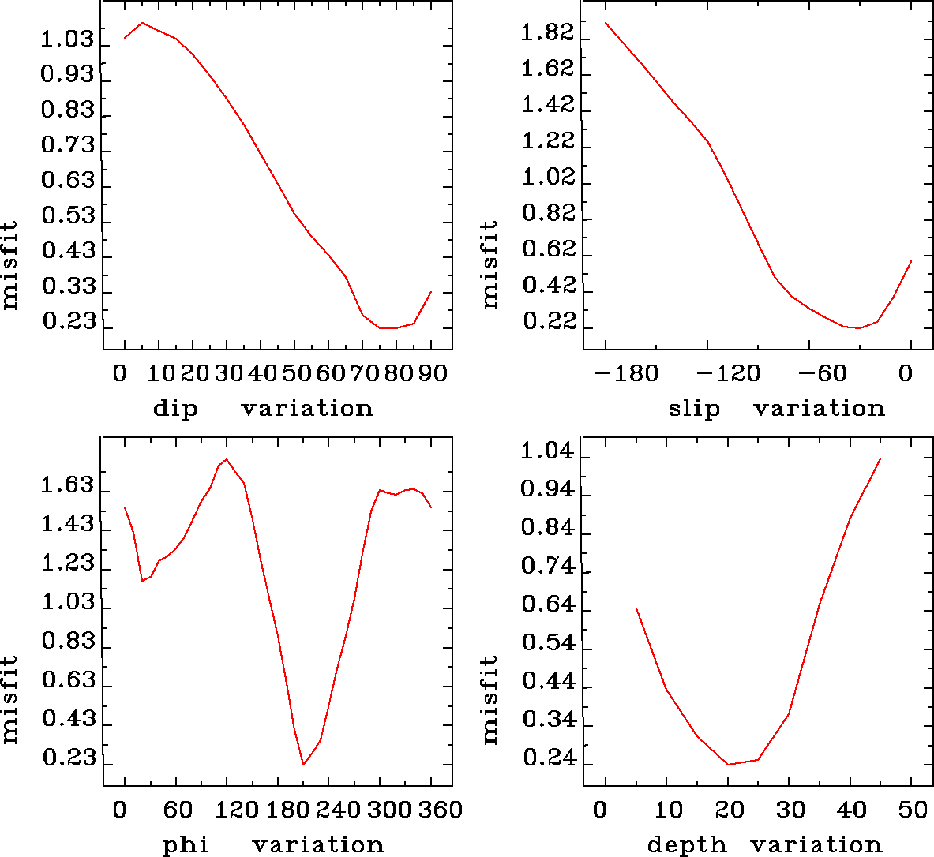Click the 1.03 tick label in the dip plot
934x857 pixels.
pyautogui.click(x=68, y=39)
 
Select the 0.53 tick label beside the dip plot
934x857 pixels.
pyautogui.click(x=68, y=216)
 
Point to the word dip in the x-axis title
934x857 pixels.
pyautogui.click(x=175, y=409)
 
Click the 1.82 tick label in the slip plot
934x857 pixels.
pyautogui.click(x=548, y=33)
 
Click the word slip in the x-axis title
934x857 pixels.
pyautogui.click(x=694, y=409)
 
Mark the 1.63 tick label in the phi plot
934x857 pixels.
pyautogui.click(x=68, y=485)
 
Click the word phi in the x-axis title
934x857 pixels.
pyautogui.click(x=186, y=845)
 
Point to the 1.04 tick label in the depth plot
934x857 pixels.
pyautogui.click(x=548, y=452)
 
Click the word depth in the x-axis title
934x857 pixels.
pyautogui.click(x=686, y=845)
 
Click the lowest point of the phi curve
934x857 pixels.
pyautogui.click(x=303, y=764)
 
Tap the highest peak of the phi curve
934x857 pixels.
pyautogui.click(x=227, y=458)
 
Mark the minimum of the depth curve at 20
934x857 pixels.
pyautogui.click(x=727, y=764)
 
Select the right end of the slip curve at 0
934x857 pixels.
pyautogui.click(x=912, y=260)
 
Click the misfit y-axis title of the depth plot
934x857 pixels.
pyautogui.click(x=490, y=699)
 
